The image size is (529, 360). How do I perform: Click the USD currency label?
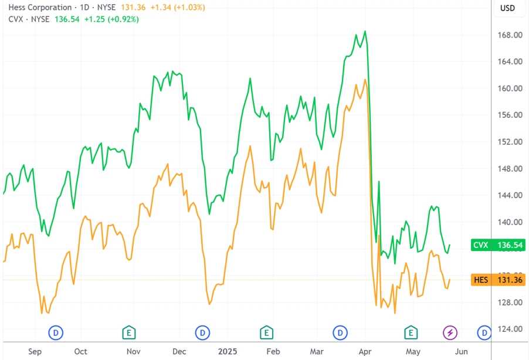click(507, 8)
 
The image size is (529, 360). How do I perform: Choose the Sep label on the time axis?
click(35, 351)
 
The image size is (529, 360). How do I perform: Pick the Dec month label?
click(179, 351)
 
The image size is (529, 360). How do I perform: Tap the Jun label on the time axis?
click(461, 351)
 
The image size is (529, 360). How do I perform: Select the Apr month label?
click(365, 351)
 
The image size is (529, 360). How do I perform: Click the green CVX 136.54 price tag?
click(497, 245)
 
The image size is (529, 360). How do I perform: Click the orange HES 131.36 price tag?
click(497, 280)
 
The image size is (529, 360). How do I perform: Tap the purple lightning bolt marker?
click(450, 333)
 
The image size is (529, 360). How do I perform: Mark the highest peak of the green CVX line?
click(365, 31)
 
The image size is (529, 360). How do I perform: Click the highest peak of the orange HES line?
click(365, 80)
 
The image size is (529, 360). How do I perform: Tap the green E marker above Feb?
click(266, 333)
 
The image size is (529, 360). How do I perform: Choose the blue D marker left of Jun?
click(484, 333)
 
